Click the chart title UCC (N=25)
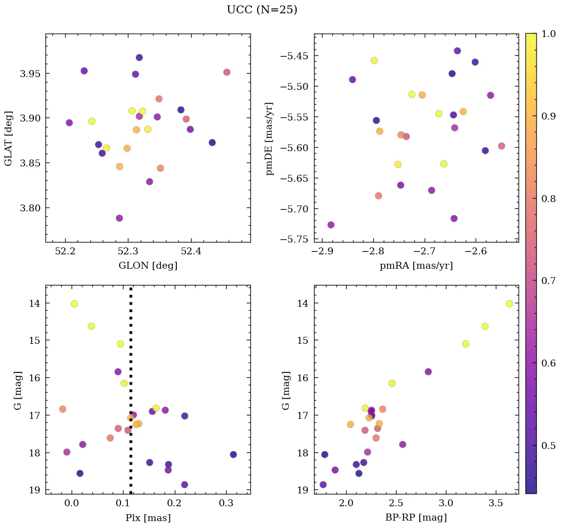[x=262, y=10]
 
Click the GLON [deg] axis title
[x=148, y=266]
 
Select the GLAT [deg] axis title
[x=8, y=138]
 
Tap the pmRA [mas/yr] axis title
[x=416, y=266]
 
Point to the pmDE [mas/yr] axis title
[x=269, y=138]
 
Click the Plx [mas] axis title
[x=148, y=518]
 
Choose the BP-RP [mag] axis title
[x=416, y=518]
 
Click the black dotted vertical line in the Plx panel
[x=131, y=346]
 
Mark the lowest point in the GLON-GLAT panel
[x=119, y=218]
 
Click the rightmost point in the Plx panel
[x=233, y=454]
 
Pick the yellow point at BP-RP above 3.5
[x=509, y=304]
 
